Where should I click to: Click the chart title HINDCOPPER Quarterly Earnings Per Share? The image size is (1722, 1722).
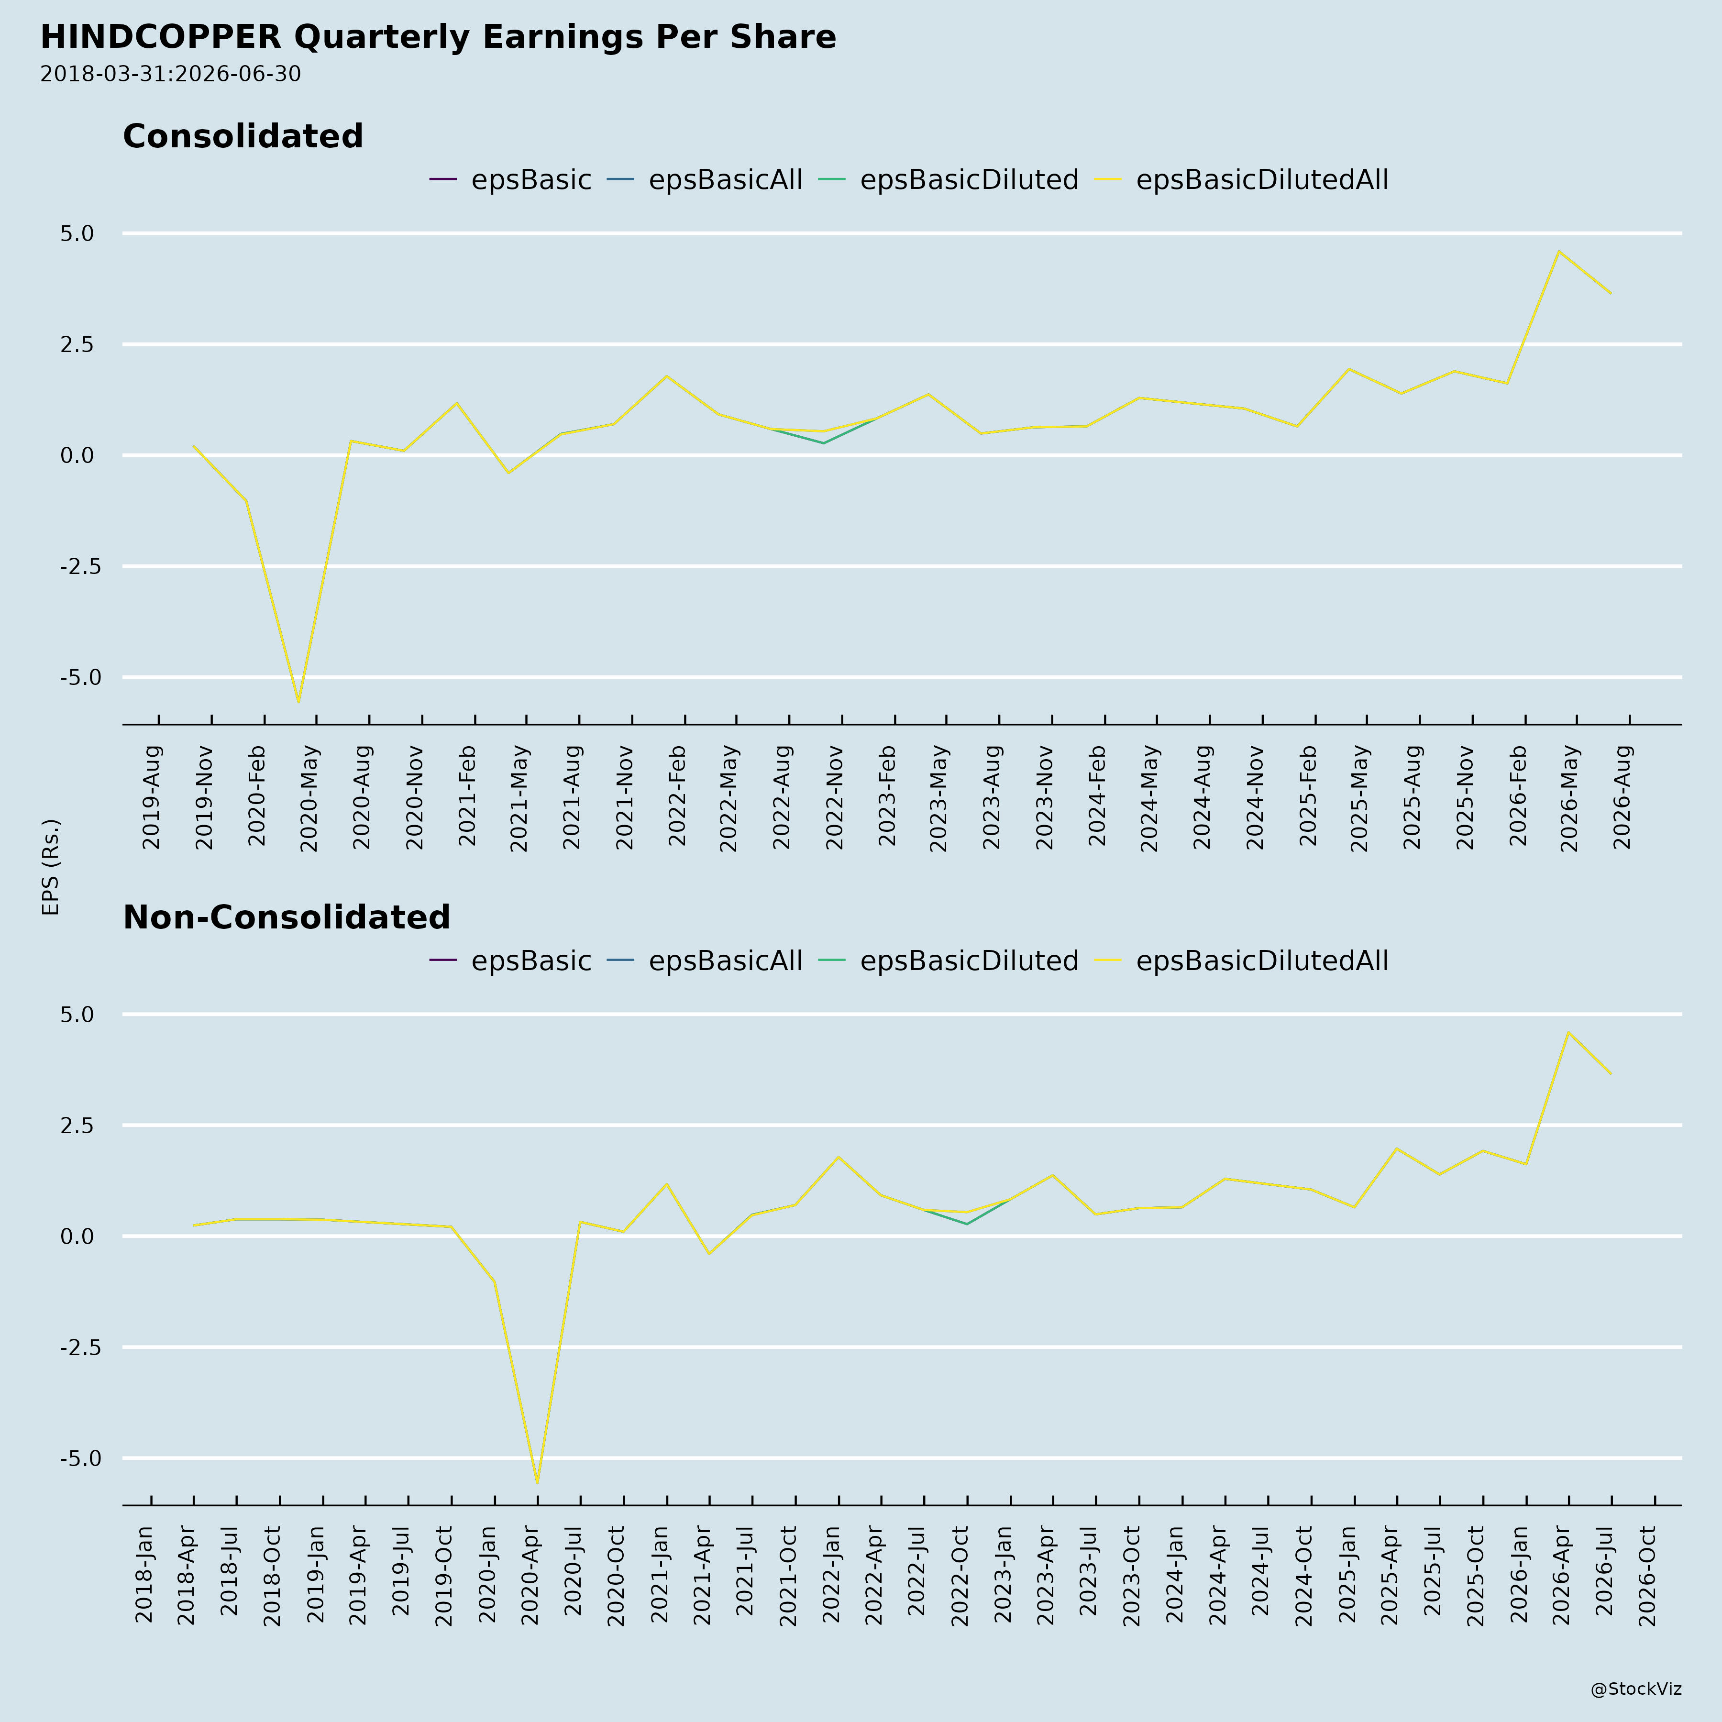(438, 37)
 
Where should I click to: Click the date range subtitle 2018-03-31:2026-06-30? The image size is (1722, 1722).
(170, 74)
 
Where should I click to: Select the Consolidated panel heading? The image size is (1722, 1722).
(243, 136)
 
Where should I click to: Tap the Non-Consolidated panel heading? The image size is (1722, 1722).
(286, 917)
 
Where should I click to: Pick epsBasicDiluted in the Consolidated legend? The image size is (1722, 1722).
(969, 180)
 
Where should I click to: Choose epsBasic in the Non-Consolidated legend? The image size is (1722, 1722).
(531, 961)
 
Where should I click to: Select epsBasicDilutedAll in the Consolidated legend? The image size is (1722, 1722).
(1262, 180)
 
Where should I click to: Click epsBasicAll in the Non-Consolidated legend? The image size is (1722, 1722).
(726, 961)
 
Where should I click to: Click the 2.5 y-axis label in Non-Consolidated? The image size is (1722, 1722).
(77, 1126)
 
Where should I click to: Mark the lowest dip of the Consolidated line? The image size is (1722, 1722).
(298, 702)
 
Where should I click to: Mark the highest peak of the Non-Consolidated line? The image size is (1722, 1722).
(1568, 1032)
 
